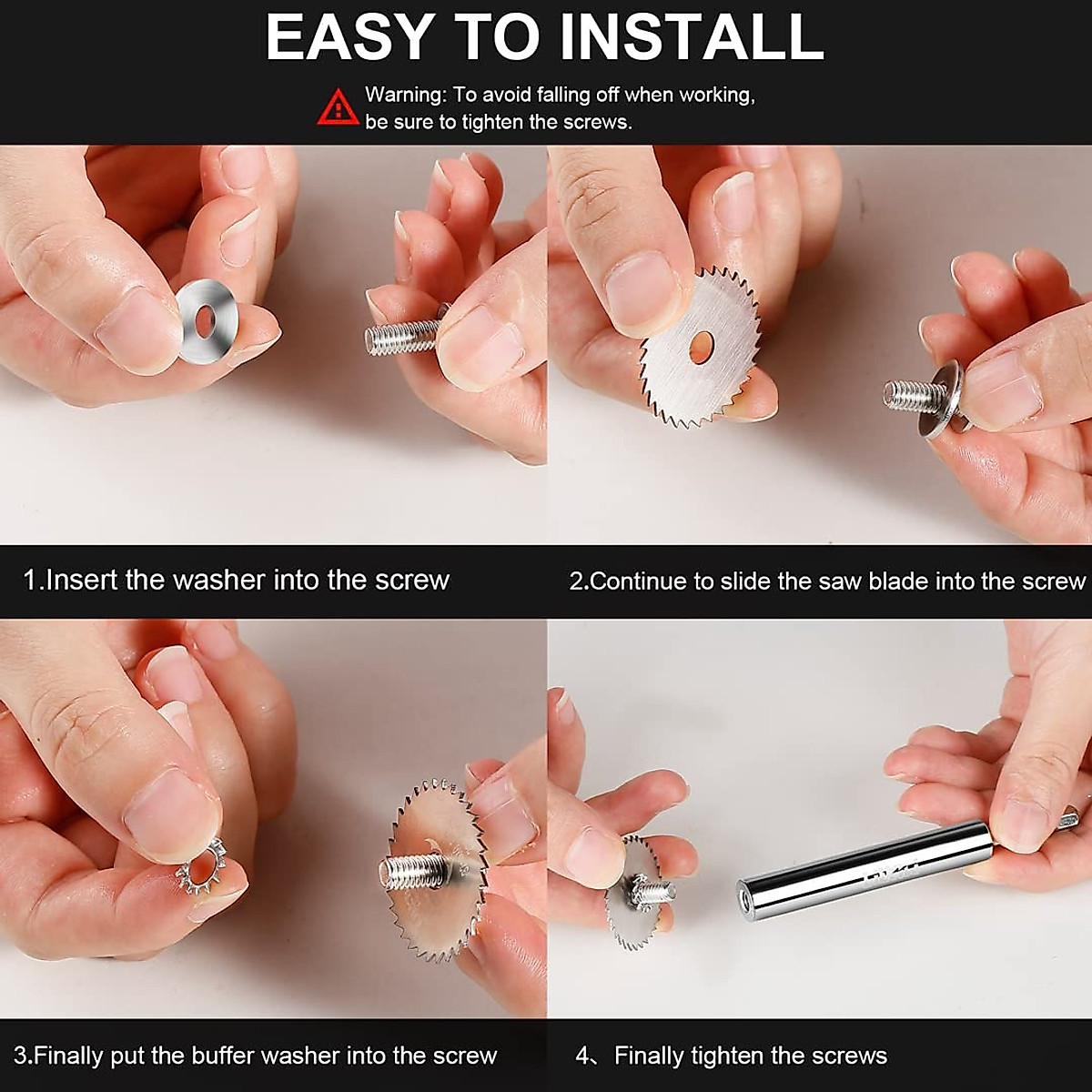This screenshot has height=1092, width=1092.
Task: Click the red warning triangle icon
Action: pyautogui.click(x=338, y=107)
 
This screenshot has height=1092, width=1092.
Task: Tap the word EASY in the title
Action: pyautogui.click(x=346, y=36)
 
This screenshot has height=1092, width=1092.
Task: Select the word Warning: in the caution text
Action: pyautogui.click(x=406, y=95)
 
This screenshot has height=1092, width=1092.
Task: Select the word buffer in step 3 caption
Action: pyautogui.click(x=223, y=1056)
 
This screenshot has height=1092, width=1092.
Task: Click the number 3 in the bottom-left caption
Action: pyautogui.click(x=20, y=1057)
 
